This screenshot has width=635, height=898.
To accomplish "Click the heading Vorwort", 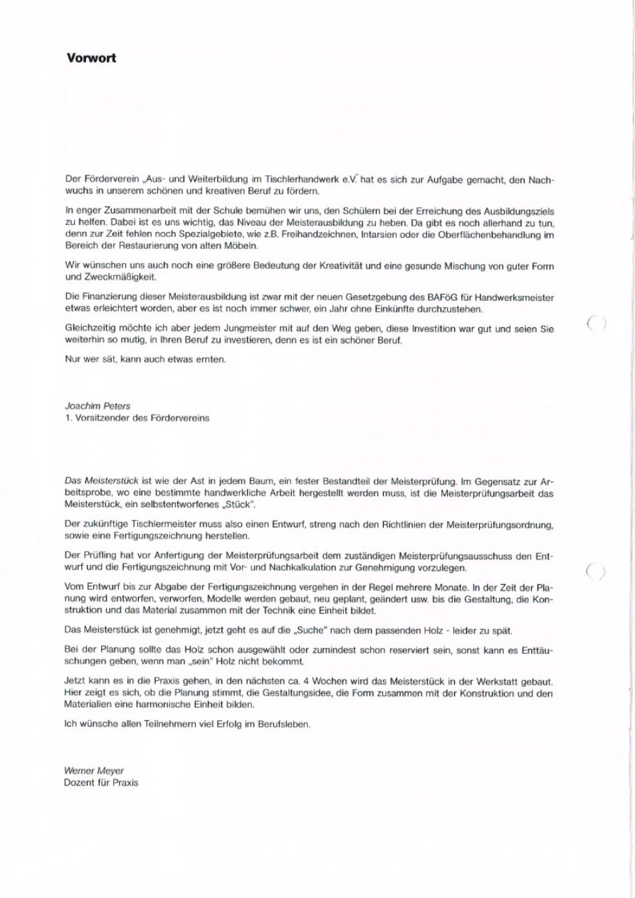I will click(90, 58).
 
